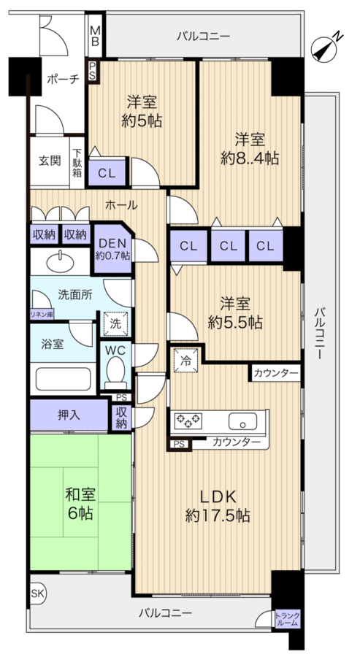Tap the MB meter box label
point(95,36)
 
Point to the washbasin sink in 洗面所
point(58,261)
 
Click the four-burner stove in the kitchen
point(188,420)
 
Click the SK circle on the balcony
point(37,593)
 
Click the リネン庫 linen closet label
point(41,314)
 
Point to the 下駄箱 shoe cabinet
point(77,160)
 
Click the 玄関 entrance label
point(50,161)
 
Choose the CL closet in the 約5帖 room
point(107,173)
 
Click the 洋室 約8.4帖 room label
point(250,148)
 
